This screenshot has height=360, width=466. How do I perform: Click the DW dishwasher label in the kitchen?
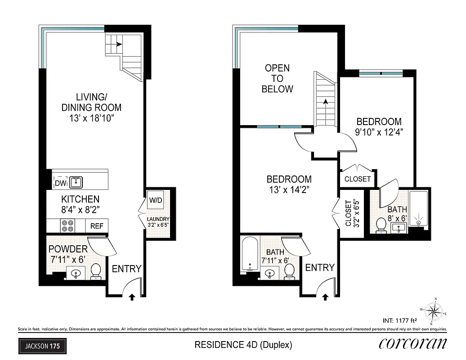[60, 183]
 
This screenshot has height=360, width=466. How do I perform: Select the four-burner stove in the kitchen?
[67, 225]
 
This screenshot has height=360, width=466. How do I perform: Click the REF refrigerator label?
[97, 226]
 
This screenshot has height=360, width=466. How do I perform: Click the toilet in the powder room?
[95, 271]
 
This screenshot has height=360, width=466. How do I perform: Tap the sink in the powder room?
[75, 273]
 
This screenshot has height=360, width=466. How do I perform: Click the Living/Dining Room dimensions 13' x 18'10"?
[91, 118]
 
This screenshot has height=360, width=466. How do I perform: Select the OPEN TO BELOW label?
[277, 79]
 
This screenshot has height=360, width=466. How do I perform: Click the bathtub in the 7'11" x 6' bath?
[250, 254]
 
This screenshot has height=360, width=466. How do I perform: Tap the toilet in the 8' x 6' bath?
[381, 225]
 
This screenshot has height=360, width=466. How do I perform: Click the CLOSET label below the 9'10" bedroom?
[358, 179]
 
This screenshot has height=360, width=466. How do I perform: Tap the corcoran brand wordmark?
[412, 344]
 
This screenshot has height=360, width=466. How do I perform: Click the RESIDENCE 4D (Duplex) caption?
[243, 345]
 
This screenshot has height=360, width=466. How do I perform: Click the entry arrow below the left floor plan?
[133, 297]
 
